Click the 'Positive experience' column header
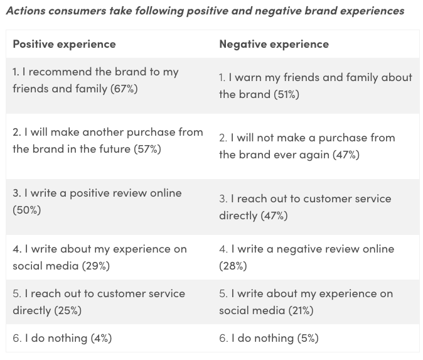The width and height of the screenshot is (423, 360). [x=64, y=44]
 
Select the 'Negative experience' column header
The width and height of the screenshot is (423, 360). [x=274, y=44]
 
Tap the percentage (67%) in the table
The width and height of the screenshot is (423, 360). [x=124, y=89]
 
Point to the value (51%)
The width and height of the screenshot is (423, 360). [x=286, y=94]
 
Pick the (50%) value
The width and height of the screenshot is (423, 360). [x=26, y=210]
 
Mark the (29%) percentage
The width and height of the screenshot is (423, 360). [x=95, y=265]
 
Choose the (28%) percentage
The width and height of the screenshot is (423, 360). [x=233, y=265]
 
